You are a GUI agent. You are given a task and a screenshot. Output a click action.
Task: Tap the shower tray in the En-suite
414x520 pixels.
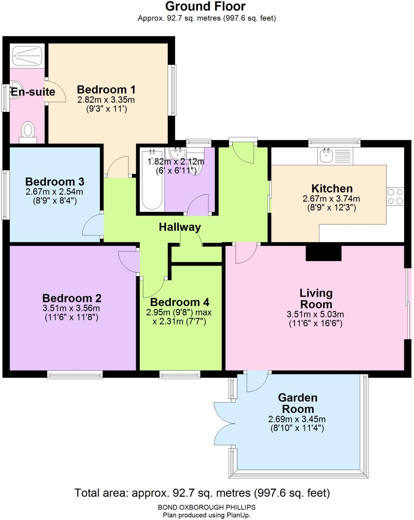point(27,55)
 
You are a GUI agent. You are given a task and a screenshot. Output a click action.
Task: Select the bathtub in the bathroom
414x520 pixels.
point(152,180)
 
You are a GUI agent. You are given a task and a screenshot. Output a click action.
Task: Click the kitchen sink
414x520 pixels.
point(326,155)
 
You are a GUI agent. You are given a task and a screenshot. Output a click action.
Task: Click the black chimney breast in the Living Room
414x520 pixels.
point(323,253)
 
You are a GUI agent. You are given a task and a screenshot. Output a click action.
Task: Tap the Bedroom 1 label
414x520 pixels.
point(106,90)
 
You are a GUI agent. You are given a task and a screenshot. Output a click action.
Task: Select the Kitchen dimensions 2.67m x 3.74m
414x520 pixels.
point(331,199)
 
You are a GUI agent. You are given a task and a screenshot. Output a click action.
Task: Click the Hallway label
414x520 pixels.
point(180,227)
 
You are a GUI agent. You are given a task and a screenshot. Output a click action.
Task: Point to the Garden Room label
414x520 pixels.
point(298,403)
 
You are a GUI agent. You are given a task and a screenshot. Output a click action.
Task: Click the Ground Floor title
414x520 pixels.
point(205,7)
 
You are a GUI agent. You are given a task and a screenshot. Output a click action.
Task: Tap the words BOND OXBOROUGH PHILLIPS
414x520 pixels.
point(206,507)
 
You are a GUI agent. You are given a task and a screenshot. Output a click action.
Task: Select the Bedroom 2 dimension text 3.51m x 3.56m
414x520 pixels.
point(71,308)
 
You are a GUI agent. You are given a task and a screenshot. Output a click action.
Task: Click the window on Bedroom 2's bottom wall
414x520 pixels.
point(75,375)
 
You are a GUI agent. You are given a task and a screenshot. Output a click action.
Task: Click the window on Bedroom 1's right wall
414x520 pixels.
point(173,90)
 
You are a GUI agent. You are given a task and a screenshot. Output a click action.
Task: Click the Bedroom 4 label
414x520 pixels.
point(180,302)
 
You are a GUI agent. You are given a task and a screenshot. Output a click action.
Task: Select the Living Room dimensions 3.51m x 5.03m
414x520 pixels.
point(315,314)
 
